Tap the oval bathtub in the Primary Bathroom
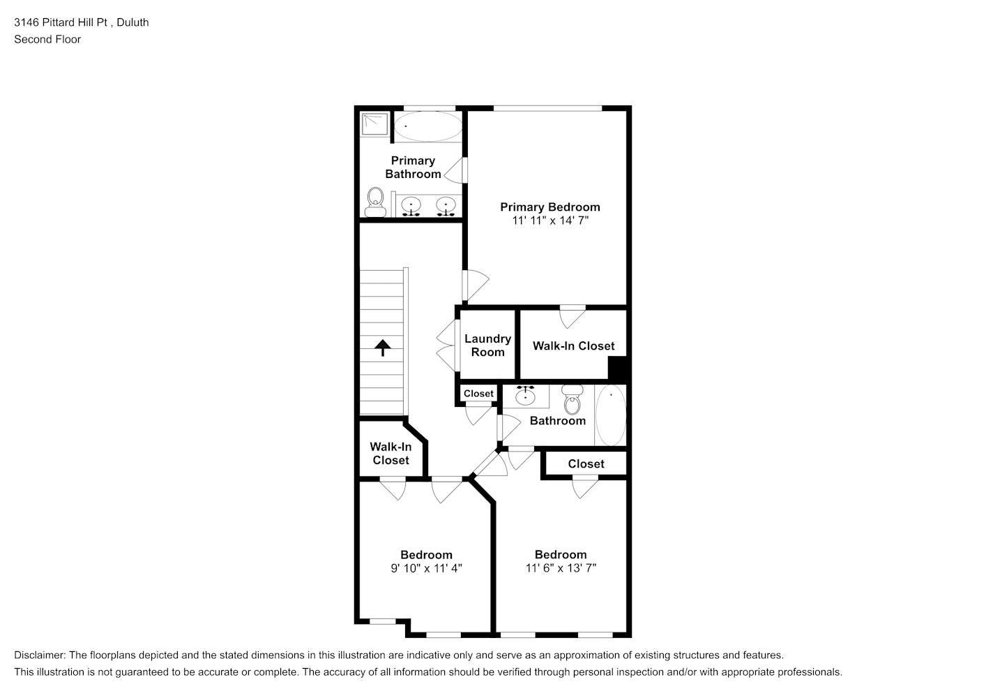(428, 126)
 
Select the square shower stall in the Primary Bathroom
(375, 124)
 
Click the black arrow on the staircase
(383, 348)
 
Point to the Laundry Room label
(487, 346)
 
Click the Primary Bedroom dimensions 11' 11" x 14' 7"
(550, 221)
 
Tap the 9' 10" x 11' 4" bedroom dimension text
(426, 568)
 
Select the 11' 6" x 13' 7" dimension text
(561, 568)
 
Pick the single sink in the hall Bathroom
(526, 396)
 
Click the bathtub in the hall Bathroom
(611, 415)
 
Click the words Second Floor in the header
(47, 39)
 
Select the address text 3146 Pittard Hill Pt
(61, 22)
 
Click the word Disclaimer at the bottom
(40, 655)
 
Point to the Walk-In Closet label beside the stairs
(391, 454)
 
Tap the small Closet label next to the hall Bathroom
(478, 394)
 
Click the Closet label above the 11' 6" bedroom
(586, 464)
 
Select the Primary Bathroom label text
(413, 168)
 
